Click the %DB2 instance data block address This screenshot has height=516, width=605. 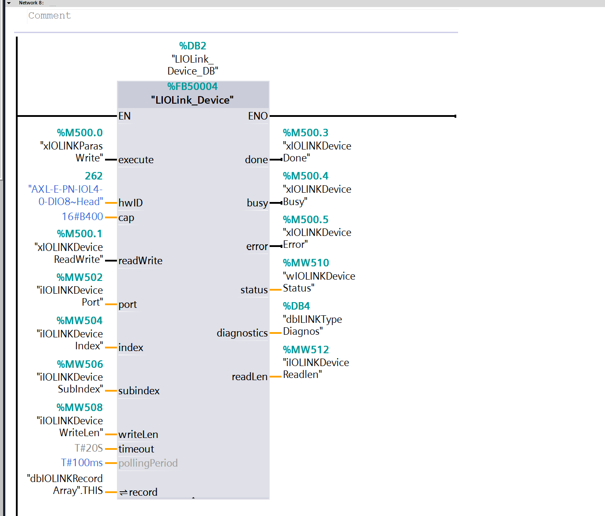point(192,46)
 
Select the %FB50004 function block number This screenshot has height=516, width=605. point(192,86)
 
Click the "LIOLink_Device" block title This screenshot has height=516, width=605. point(192,100)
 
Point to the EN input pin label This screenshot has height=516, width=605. point(124,116)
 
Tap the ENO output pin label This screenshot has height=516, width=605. point(258,116)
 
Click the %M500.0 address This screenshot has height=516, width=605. point(80,133)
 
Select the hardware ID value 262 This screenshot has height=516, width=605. point(94,176)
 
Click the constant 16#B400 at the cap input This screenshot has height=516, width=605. point(83,217)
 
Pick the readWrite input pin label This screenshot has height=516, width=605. point(140,261)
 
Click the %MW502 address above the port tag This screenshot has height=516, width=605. point(80,277)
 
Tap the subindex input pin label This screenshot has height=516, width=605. point(139,391)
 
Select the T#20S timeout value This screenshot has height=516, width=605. point(89,448)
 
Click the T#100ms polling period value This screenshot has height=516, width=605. point(82,463)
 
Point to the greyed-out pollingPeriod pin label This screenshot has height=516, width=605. point(148,463)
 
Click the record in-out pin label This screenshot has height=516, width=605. point(143,492)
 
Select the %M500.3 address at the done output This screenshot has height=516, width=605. point(306,133)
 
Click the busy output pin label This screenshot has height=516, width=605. point(257,203)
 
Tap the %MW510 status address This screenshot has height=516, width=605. point(306,263)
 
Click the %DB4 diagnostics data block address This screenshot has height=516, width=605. point(297,306)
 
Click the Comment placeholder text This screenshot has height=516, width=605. point(49,15)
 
